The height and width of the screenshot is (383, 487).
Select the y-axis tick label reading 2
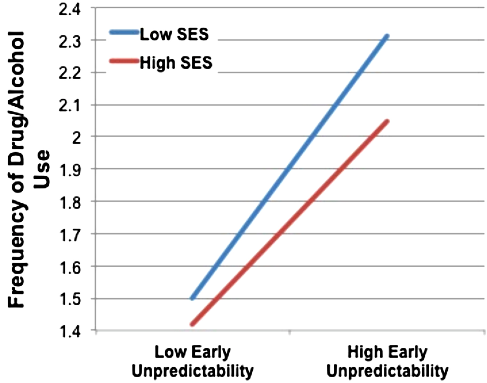point(76,138)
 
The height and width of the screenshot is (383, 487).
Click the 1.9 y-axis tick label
point(71,170)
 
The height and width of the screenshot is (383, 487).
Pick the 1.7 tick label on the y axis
point(71,235)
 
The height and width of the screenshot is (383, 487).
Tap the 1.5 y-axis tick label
point(71,300)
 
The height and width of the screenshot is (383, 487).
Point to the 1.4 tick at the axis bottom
point(71,331)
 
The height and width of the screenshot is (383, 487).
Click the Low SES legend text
point(174,34)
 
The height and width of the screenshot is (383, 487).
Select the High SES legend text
point(176,63)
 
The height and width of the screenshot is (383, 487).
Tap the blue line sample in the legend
point(124,32)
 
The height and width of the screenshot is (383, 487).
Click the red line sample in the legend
point(124,61)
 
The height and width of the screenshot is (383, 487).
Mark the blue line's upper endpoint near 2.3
point(387,36)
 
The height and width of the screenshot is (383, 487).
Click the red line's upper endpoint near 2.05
point(387,121)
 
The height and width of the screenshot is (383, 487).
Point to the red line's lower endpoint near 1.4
point(192,324)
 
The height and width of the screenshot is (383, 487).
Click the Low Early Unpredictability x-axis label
point(192,361)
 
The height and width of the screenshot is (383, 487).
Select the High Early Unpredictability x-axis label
point(387,361)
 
